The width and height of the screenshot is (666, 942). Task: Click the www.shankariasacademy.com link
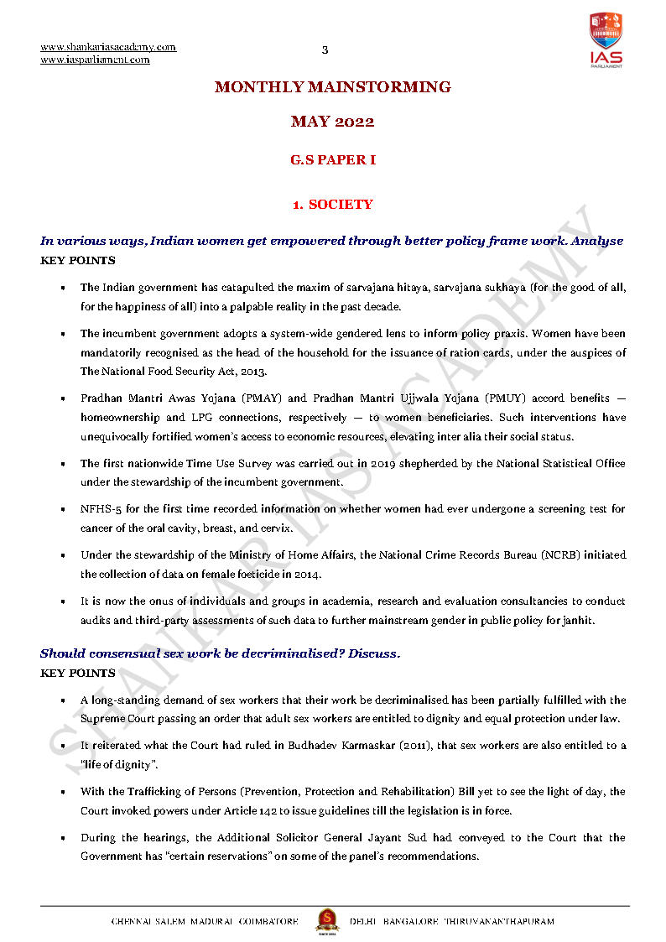pyautogui.click(x=108, y=47)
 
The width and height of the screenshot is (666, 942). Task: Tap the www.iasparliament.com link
pyautogui.click(x=95, y=60)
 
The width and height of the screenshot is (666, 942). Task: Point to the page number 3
pyautogui.click(x=325, y=50)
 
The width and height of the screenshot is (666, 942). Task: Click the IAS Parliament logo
pyautogui.click(x=606, y=39)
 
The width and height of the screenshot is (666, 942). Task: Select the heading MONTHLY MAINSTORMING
pyautogui.click(x=333, y=87)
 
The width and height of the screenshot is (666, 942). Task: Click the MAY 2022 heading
pyautogui.click(x=333, y=122)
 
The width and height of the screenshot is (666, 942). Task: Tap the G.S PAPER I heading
pyautogui.click(x=333, y=159)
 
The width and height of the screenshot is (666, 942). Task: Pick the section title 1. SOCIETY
pyautogui.click(x=333, y=205)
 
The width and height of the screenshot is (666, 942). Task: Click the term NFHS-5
pyautogui.click(x=100, y=510)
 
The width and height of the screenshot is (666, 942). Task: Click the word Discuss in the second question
pyautogui.click(x=374, y=653)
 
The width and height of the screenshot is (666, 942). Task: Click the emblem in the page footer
pyautogui.click(x=326, y=920)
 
